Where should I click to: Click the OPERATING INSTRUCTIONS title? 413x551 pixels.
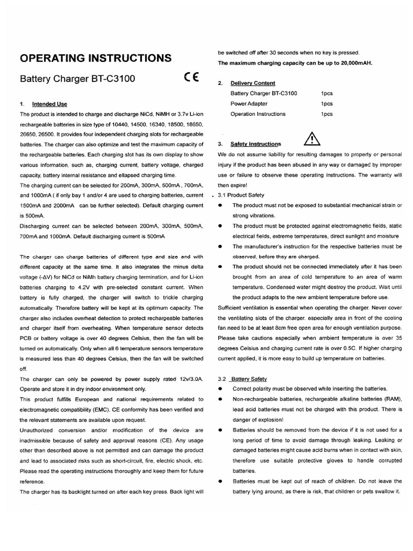(96, 58)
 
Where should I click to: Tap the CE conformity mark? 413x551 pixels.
(191, 78)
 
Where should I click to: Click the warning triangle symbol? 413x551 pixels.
(312, 139)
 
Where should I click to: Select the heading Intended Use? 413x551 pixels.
(49, 104)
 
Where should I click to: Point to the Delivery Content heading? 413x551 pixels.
(253, 83)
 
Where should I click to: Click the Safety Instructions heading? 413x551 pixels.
(255, 144)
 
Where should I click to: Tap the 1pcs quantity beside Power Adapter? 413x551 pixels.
(327, 104)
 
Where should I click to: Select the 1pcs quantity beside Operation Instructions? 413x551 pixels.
(327, 114)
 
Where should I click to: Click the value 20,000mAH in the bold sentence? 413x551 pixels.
(352, 63)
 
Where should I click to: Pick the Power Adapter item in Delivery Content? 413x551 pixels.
(249, 104)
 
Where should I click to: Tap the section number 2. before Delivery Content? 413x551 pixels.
(220, 83)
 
